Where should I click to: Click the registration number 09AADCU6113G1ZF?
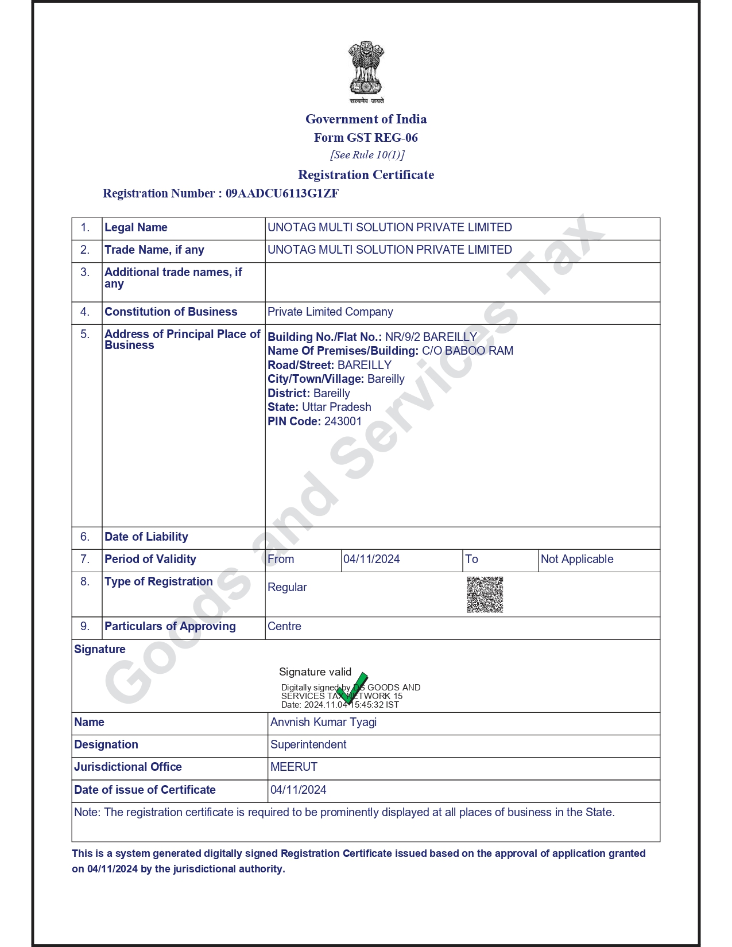[x=282, y=193]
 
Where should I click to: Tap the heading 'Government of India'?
[x=366, y=119]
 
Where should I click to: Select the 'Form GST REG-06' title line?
[x=366, y=138]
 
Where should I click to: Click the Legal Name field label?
[x=136, y=228]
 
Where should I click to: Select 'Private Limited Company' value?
[x=330, y=312]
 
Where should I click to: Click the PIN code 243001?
[x=343, y=421]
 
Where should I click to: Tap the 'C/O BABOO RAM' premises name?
[x=467, y=351]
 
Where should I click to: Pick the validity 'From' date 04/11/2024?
[x=371, y=560]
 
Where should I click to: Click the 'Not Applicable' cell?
[x=577, y=560]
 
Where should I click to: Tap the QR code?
[x=485, y=595]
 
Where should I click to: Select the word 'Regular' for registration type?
[x=287, y=588]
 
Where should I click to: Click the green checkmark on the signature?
[x=353, y=688]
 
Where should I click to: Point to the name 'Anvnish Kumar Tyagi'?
[x=323, y=723]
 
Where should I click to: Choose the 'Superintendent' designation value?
[x=308, y=745]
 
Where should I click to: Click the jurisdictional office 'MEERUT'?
[x=294, y=767]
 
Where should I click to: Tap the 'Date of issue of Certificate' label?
[x=145, y=790]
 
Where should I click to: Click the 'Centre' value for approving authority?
[x=284, y=627]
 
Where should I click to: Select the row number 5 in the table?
[x=85, y=335]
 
